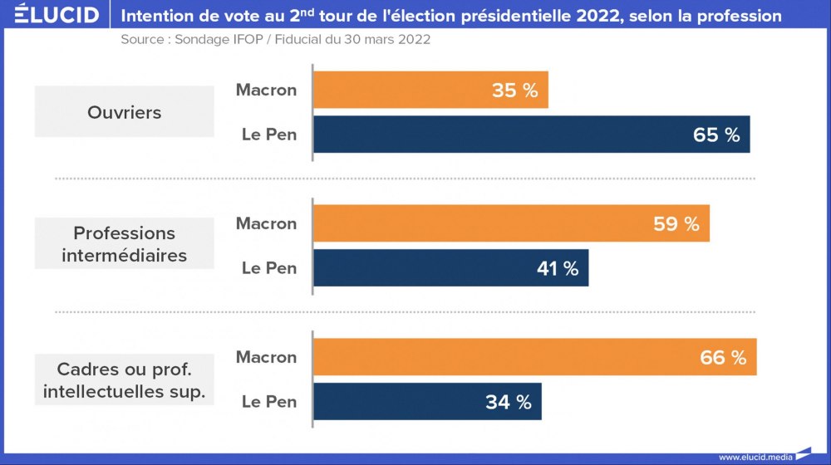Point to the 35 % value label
[x=515, y=91]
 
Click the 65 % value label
[x=716, y=135]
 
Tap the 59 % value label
[x=676, y=224]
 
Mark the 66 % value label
[x=723, y=358]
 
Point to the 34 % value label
[x=509, y=403]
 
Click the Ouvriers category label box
[x=125, y=112]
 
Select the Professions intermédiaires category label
[x=125, y=245]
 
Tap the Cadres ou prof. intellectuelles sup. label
[x=125, y=379]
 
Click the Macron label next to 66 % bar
[x=266, y=357]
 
